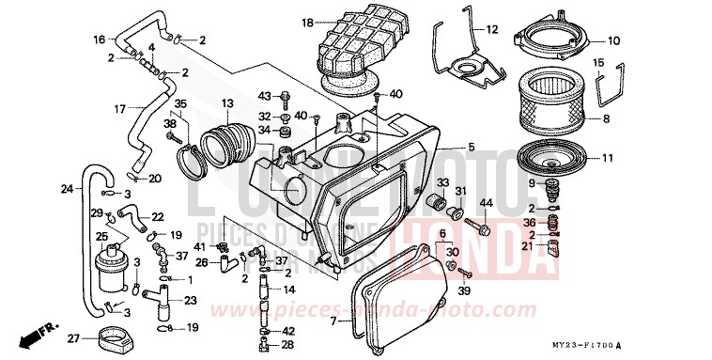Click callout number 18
306,22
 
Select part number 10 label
613,40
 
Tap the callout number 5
471,147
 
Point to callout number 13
226,102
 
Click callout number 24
66,189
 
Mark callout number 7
333,321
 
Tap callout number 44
486,203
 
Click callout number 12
490,30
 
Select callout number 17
119,109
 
